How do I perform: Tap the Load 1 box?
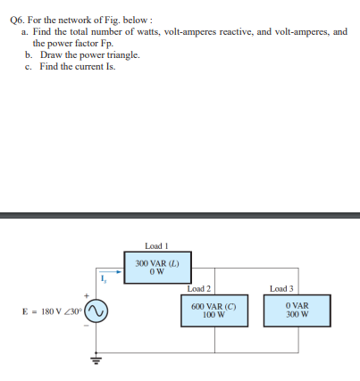click(x=155, y=268)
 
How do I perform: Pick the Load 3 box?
click(x=288, y=311)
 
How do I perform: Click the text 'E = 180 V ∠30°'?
click(x=50, y=311)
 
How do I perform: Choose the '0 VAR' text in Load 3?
click(x=288, y=306)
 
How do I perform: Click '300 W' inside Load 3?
click(x=288, y=315)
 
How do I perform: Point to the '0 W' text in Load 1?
click(x=155, y=273)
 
